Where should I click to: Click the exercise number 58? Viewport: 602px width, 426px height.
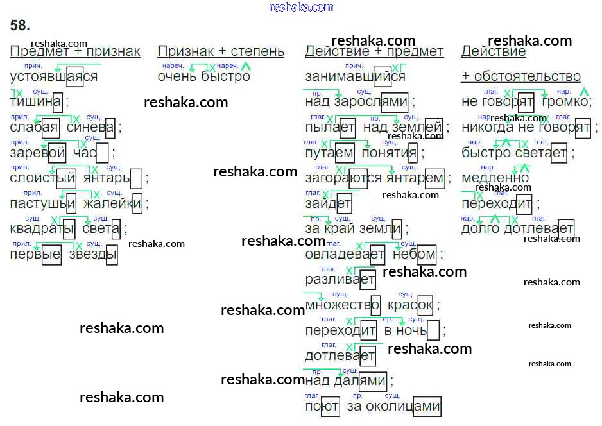20,26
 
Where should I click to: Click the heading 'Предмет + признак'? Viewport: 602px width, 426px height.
75,51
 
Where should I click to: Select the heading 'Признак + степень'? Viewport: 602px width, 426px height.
220,51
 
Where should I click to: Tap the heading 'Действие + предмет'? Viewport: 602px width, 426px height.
374,51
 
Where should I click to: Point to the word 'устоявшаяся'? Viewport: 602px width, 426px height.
54,77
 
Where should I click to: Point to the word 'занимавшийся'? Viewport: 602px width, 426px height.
355,77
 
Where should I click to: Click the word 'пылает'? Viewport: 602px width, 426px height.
330,128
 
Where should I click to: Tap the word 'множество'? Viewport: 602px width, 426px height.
343,305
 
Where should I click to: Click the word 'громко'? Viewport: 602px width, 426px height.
565,102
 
